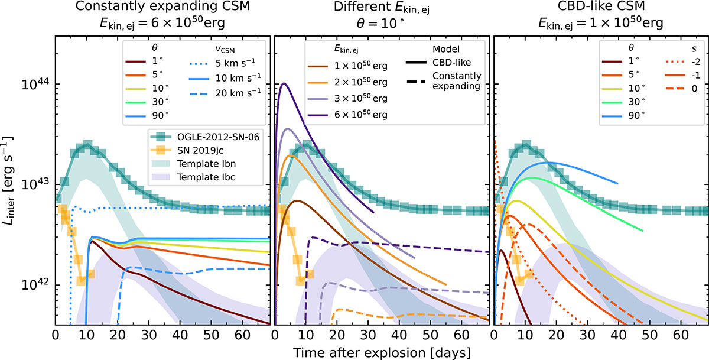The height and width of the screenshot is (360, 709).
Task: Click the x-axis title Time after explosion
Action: click(x=382, y=352)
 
